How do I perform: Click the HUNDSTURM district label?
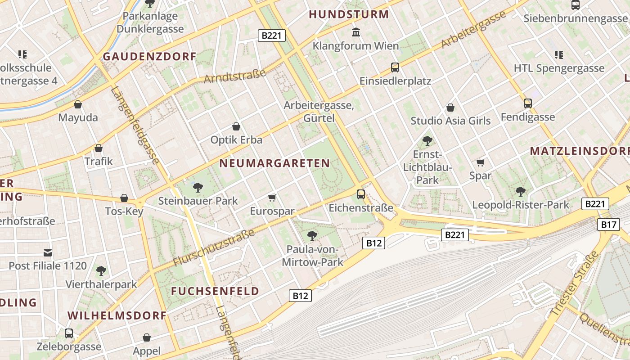point(349,14)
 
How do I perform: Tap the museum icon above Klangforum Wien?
point(356,32)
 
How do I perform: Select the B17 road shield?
point(608,225)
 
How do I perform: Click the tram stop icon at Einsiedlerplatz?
point(395,67)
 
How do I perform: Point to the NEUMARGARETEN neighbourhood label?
point(274,163)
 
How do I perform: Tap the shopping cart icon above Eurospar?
point(272,198)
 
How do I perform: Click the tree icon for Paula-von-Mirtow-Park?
point(312,235)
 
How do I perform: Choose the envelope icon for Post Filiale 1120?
point(48,252)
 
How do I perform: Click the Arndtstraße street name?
point(234,74)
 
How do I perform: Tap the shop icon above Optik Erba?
point(236,126)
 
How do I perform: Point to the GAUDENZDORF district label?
point(149,57)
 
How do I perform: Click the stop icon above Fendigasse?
point(527,103)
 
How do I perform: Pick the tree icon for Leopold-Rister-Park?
point(520,192)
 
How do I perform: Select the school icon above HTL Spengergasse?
point(558,55)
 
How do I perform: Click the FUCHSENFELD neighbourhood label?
point(215,291)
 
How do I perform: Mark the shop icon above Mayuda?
point(78,104)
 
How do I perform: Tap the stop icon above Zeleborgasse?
point(69,333)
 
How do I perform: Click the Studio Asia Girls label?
point(450,121)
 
